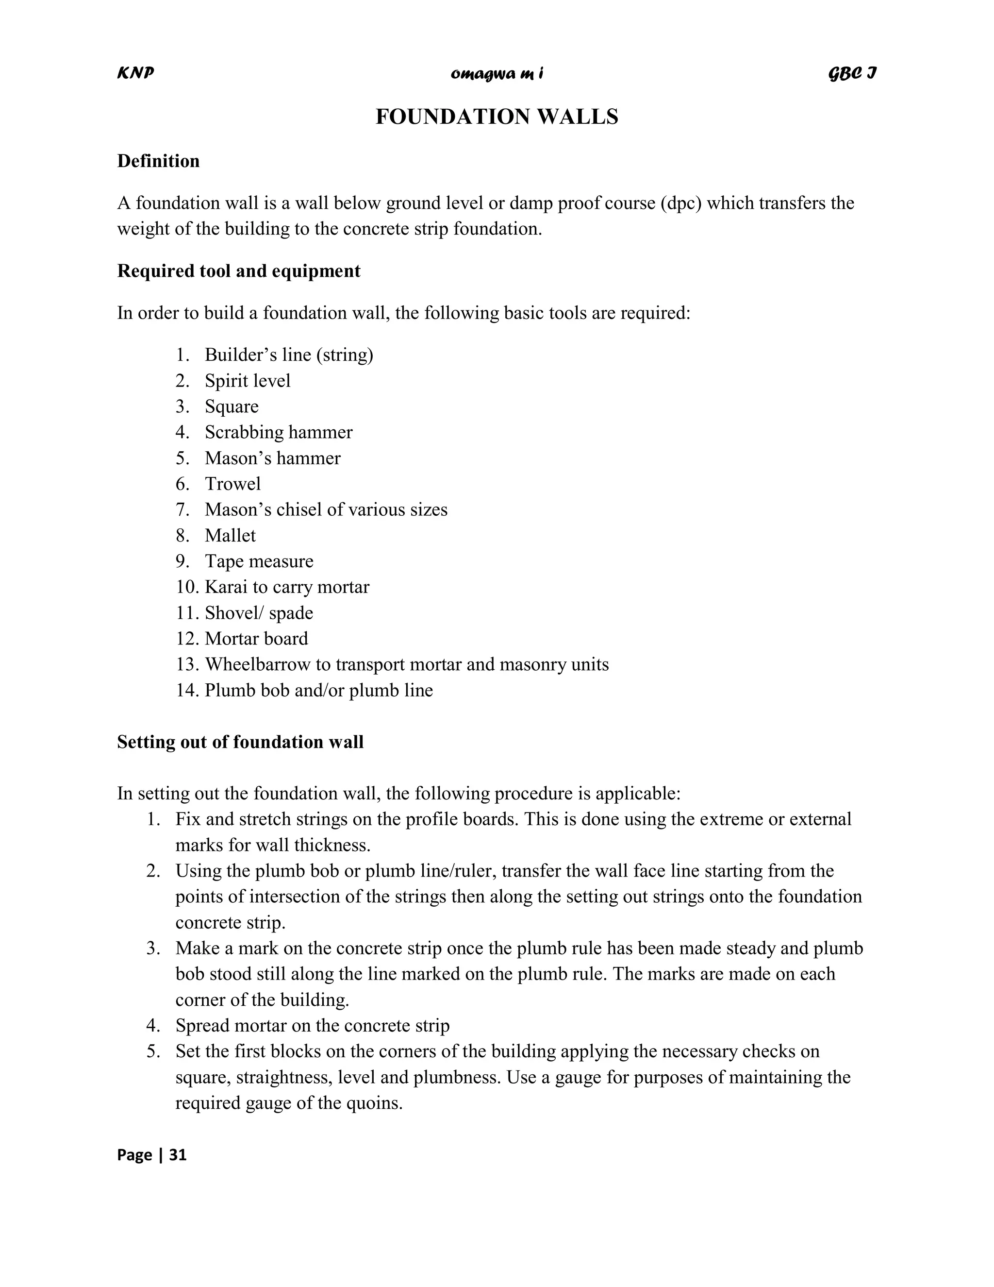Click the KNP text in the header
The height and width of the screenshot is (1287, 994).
(x=135, y=72)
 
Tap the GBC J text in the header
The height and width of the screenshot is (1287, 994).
(x=852, y=73)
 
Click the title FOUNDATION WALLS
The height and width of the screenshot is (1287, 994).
(x=497, y=117)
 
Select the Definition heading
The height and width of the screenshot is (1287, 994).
(x=158, y=161)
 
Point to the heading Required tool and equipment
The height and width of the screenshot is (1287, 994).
(x=238, y=271)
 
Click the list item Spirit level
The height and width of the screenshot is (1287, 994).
(x=248, y=381)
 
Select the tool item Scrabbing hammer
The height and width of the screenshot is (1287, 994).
(x=278, y=432)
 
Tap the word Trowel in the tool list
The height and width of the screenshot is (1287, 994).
(x=232, y=484)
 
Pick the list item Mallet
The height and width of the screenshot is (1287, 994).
(x=230, y=535)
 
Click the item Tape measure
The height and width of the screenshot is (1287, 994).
(x=259, y=561)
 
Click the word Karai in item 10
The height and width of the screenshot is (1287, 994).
(x=222, y=587)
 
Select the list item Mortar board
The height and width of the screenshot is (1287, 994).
(x=256, y=639)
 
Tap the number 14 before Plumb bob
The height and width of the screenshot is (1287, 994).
(x=186, y=690)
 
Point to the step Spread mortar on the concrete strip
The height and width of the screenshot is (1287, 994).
(x=312, y=1025)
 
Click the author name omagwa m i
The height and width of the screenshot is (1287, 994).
(x=497, y=74)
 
